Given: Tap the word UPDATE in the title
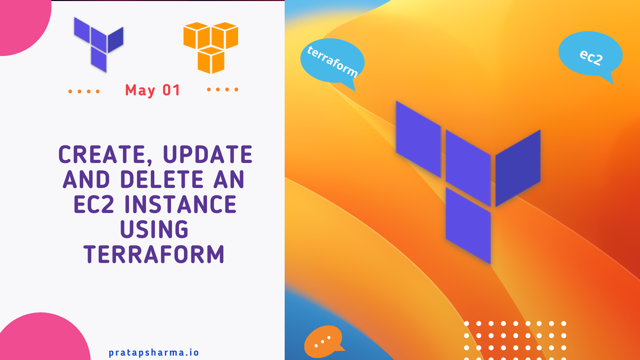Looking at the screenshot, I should pos(208,154).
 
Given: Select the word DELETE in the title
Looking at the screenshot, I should pos(162,179).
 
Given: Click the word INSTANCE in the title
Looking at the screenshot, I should pos(180,204).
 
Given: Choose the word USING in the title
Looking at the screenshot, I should pos(154,229).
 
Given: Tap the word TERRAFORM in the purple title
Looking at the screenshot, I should pos(154,254).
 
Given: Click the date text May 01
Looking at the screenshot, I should pos(153,90).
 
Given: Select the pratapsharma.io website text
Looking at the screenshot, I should pos(154,352).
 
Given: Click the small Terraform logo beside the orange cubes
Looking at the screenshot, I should pos(99,44).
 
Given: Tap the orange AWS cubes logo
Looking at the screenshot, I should pos(211,47).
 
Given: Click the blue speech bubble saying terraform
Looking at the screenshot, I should pos(332,61).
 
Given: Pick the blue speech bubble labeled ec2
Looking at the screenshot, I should pos(590,55).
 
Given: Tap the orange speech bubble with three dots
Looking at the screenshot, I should pos(323,341).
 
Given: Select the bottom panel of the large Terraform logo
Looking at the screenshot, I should pos(468,225).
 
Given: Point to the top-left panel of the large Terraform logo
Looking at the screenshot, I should pos(418,139).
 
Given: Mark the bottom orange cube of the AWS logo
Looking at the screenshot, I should pos(211,61).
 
